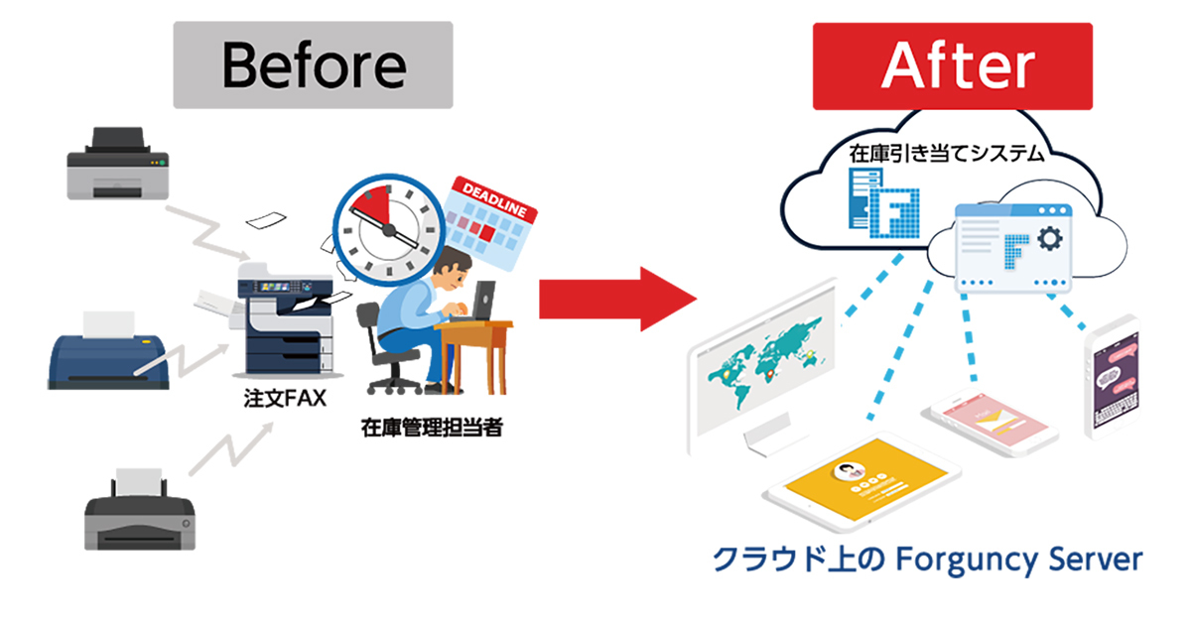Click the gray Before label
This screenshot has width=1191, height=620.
point(314,64)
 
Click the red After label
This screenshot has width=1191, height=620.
point(952,65)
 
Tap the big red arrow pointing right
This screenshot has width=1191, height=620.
point(617,300)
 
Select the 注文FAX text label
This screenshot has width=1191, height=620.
point(285,398)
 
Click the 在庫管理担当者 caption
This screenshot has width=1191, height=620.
point(432,428)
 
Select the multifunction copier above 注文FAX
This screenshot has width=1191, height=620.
point(286,318)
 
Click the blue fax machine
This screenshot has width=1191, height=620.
point(108,352)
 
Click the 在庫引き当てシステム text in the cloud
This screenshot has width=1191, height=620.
point(947,154)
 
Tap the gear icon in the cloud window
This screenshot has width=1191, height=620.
point(1050,238)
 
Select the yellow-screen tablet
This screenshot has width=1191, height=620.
point(862,480)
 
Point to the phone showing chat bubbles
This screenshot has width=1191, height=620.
point(1113,378)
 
